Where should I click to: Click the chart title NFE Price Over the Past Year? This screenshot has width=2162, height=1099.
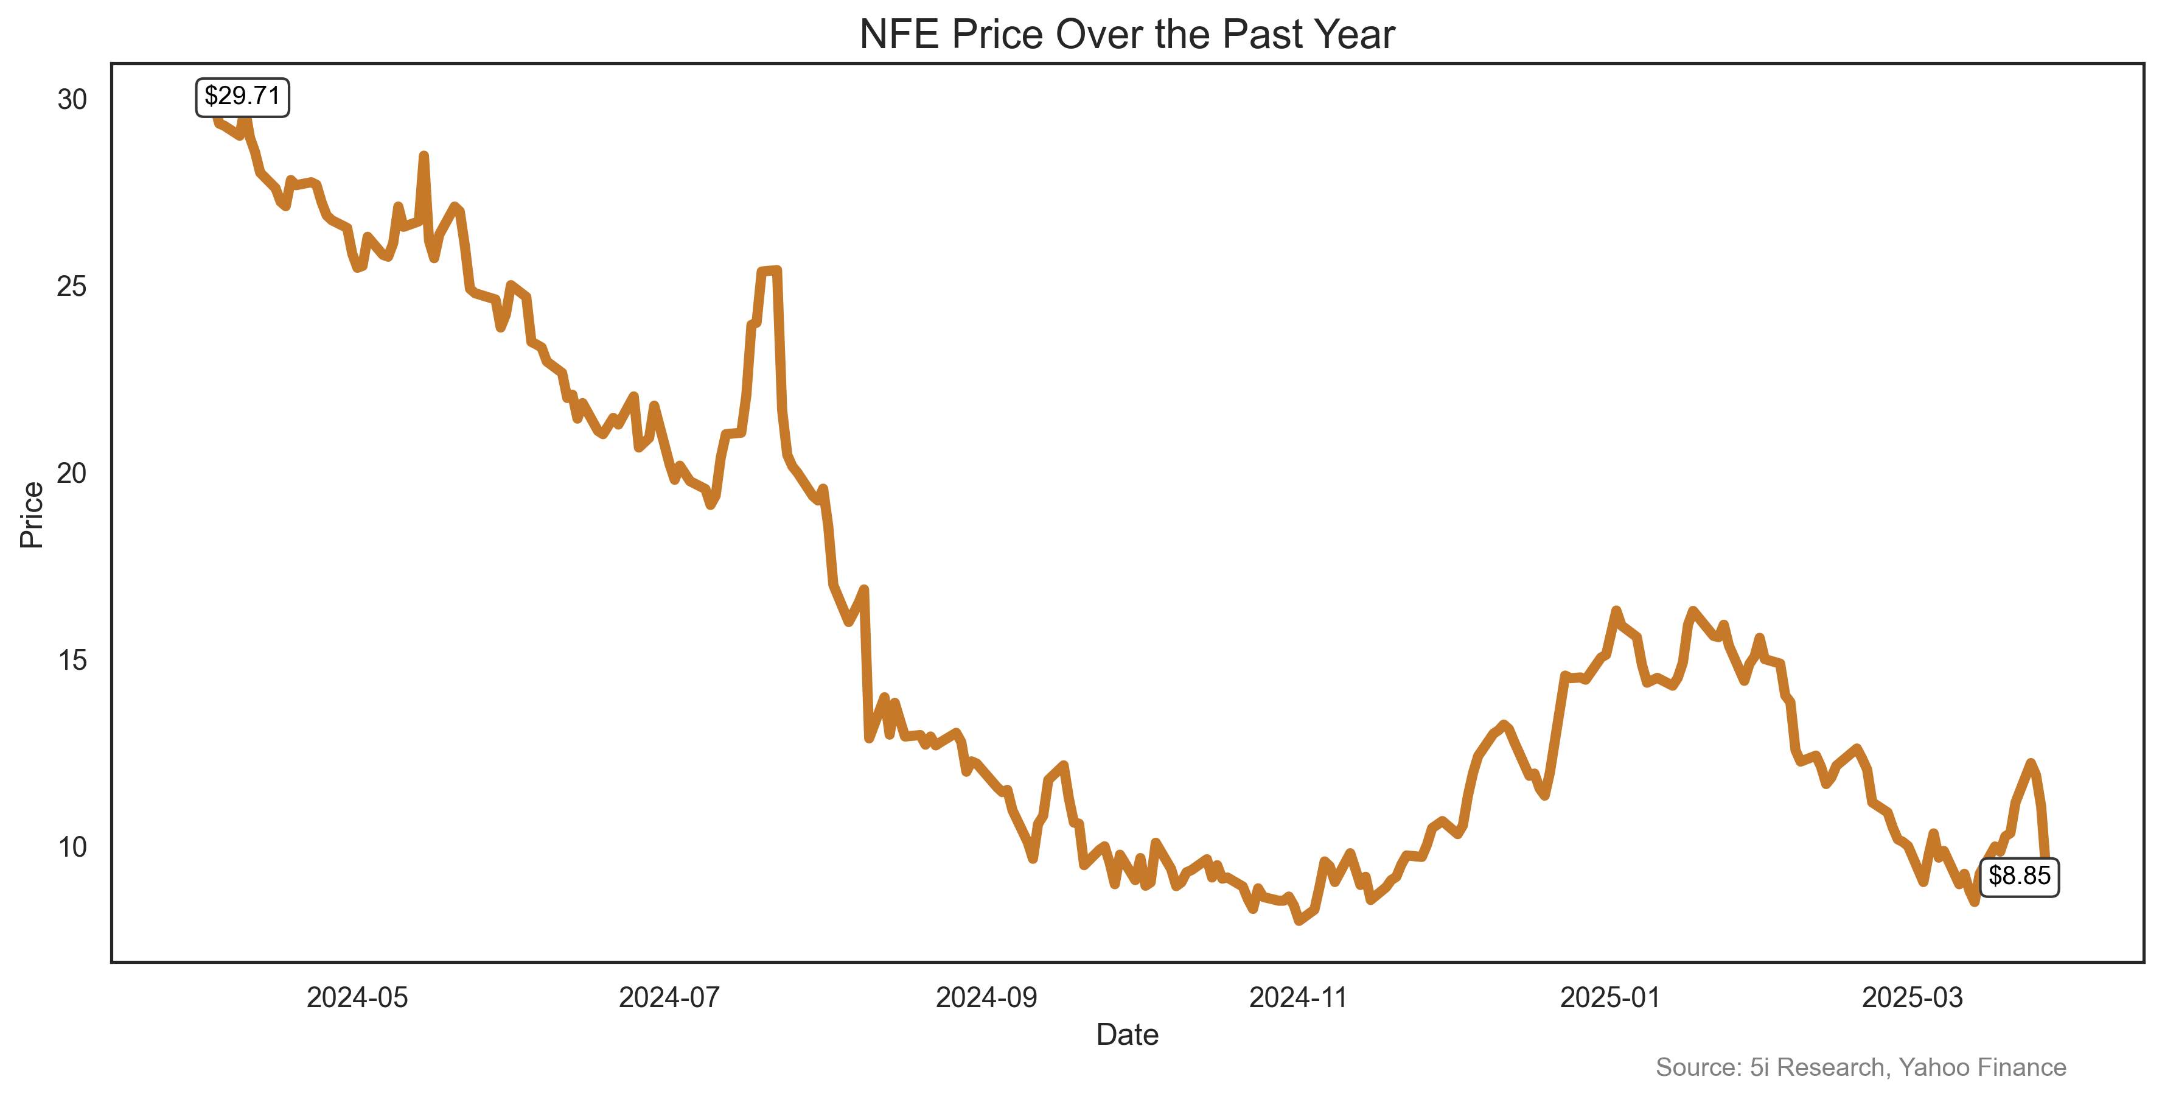point(1126,35)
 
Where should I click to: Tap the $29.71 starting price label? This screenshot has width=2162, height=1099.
point(243,97)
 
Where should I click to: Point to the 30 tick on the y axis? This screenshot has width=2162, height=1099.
point(72,100)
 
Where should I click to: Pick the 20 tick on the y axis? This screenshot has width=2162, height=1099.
point(72,474)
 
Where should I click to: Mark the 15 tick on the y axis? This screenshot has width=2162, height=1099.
point(72,661)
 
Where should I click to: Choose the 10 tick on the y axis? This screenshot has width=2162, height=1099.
point(72,847)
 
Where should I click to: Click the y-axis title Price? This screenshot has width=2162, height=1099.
point(32,514)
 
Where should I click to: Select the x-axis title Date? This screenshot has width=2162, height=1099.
point(1126,1035)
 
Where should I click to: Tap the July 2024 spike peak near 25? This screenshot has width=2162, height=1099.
point(770,270)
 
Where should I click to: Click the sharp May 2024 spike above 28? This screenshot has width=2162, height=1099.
point(424,156)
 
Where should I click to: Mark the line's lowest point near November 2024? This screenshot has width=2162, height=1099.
point(1299,920)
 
